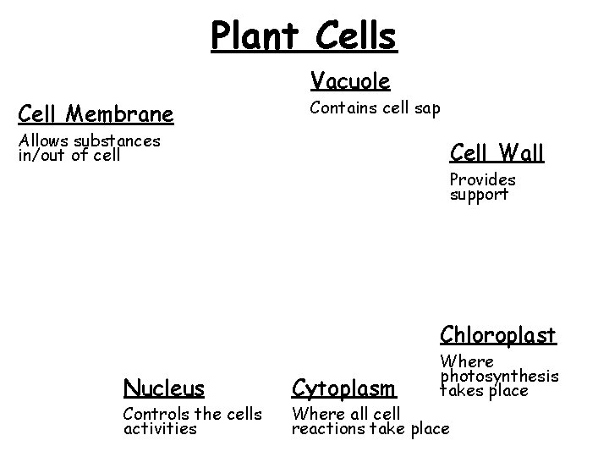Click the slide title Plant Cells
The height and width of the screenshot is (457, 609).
[304, 36]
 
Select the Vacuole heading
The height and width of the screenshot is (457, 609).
[350, 81]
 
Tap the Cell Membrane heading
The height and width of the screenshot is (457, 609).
[96, 113]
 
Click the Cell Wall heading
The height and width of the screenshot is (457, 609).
[497, 153]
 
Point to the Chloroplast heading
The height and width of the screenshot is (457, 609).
[497, 335]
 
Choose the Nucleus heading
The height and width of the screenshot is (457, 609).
[164, 388]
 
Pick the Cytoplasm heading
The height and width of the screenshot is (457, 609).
[343, 388]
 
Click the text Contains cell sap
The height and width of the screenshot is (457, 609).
[375, 108]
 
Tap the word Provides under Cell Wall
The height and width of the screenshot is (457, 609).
[482, 179]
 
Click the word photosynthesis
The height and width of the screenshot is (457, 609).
[499, 376]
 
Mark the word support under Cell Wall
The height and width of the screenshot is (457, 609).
[479, 195]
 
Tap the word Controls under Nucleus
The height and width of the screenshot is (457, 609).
[154, 414]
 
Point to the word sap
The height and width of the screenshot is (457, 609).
[425, 108]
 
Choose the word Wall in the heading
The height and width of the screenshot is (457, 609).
[522, 153]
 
